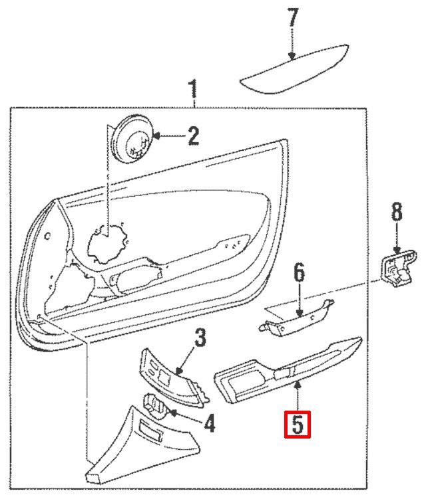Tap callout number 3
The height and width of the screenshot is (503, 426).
(x=200, y=338)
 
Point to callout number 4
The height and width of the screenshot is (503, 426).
(x=210, y=423)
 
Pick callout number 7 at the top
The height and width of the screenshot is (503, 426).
(x=293, y=18)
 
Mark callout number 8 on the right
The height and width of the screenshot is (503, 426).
(x=397, y=212)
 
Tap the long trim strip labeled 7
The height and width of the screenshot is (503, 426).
(x=294, y=68)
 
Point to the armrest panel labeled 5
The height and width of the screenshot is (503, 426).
(x=286, y=372)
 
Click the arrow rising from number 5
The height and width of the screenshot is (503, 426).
(x=297, y=381)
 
